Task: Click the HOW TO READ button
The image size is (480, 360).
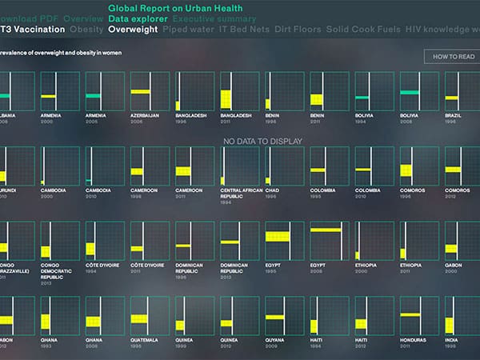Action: coord(454,57)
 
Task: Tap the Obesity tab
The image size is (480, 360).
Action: coord(86,30)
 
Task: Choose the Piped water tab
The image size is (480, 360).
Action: coord(186,30)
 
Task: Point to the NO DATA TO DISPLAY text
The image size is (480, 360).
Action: coord(263,142)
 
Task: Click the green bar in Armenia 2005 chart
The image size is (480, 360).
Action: coord(93,96)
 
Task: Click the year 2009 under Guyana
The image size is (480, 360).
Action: coord(271,346)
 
